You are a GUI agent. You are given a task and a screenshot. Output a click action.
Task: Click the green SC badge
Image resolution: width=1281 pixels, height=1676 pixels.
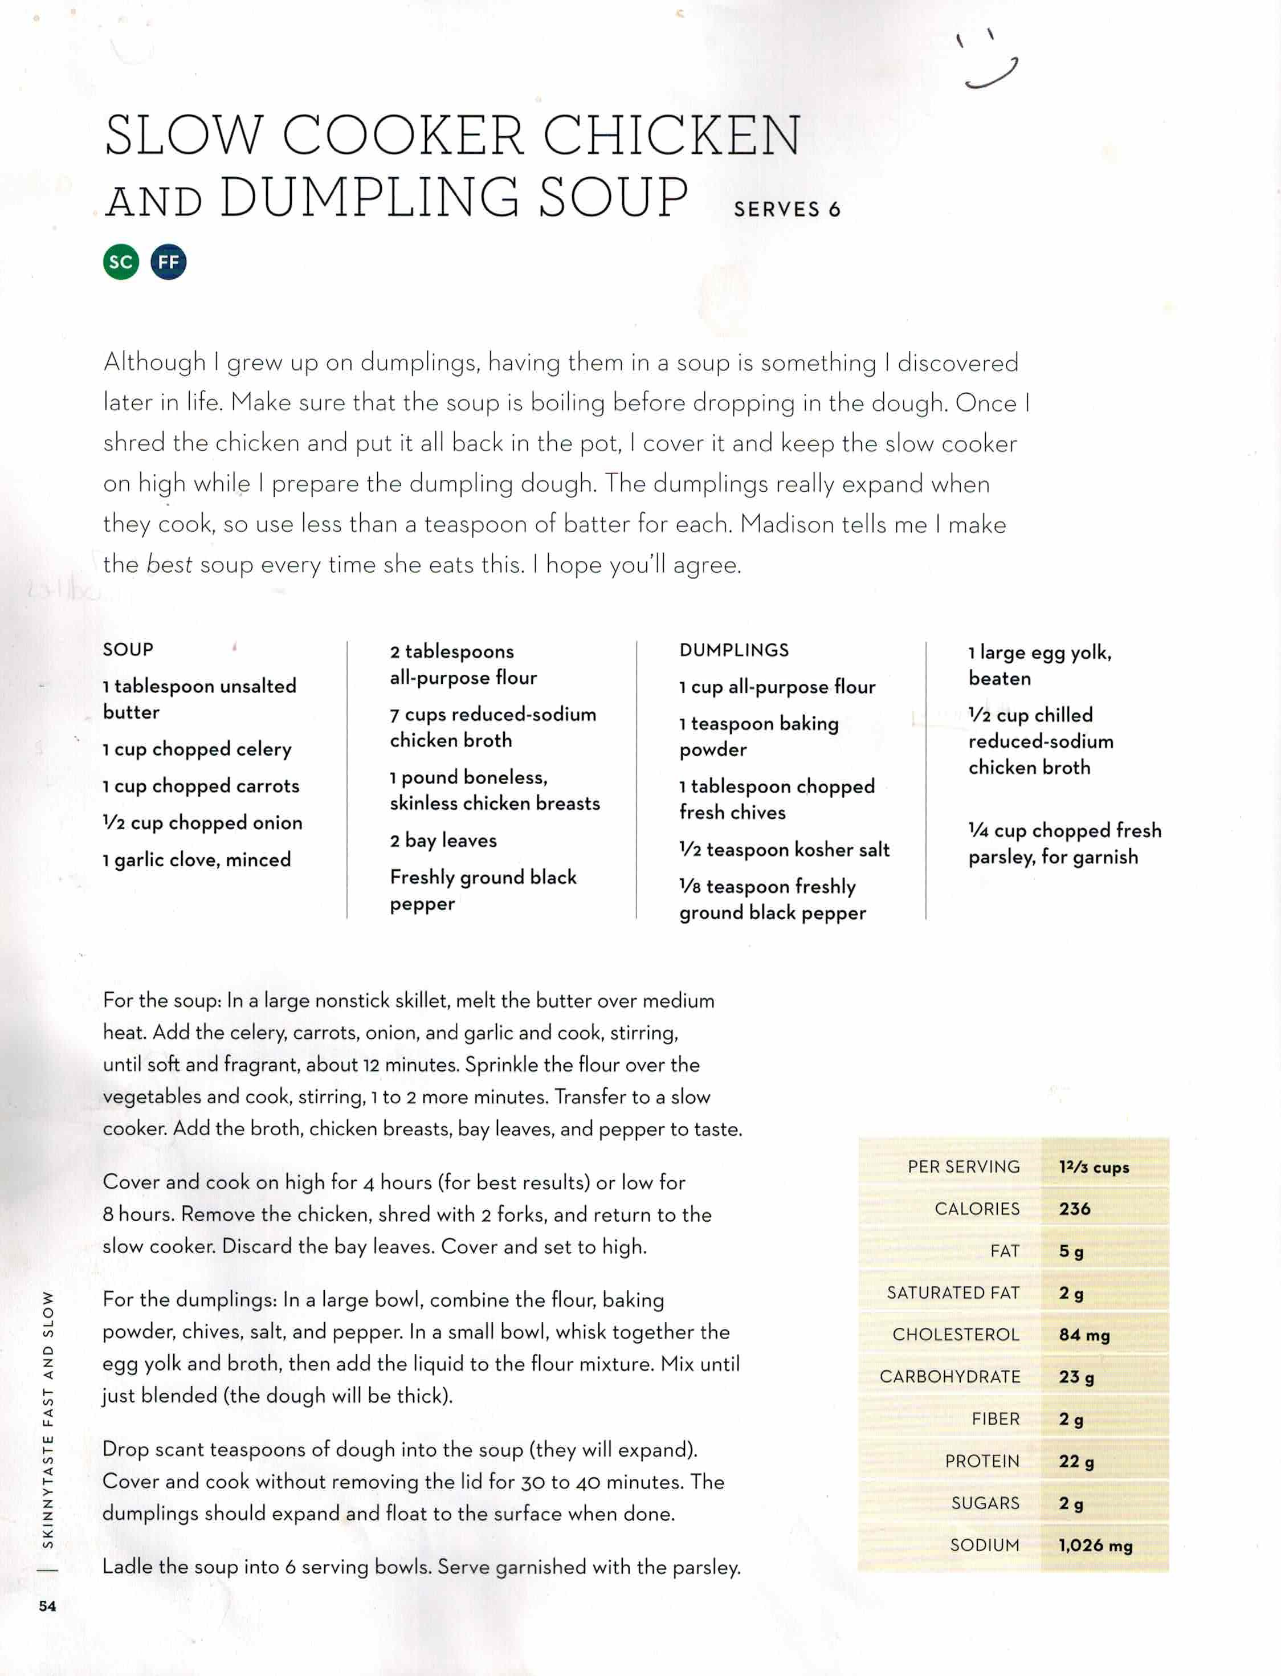point(121,262)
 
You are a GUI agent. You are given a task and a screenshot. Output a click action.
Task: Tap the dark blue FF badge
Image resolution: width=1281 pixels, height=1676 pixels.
point(169,262)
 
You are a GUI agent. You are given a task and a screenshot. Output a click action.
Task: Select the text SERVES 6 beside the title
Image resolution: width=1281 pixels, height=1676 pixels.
point(786,210)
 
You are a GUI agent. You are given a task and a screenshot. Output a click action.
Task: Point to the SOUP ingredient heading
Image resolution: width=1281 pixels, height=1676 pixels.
point(128,650)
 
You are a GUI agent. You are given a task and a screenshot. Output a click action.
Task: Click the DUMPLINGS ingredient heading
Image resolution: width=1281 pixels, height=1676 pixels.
point(733,650)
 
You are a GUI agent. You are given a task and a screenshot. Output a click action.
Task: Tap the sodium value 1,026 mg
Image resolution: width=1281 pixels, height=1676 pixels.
point(1095,1545)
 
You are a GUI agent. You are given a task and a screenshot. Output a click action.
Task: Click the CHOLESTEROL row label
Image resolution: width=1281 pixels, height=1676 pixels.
point(956,1335)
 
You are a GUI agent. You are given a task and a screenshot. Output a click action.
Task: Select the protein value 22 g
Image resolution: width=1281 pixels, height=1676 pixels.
point(1076,1461)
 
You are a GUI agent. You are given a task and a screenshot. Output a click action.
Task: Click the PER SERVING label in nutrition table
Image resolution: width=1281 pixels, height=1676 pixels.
point(963,1167)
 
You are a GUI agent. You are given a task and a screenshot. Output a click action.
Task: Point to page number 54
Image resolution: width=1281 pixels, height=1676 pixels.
point(47,1606)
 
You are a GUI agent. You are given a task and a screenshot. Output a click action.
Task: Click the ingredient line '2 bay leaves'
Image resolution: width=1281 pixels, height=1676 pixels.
point(443,841)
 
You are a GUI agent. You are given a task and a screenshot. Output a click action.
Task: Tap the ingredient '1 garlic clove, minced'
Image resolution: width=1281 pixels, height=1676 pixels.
point(197,860)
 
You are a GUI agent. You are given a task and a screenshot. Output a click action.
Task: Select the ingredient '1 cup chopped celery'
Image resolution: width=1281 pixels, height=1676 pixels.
point(197,749)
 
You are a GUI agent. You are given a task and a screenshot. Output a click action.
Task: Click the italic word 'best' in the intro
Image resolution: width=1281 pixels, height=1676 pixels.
point(169,564)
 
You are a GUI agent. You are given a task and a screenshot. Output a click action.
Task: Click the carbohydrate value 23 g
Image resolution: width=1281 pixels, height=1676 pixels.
point(1076,1377)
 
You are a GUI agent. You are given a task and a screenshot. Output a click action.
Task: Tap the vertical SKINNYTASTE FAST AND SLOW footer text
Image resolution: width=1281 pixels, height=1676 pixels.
point(48,1418)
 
